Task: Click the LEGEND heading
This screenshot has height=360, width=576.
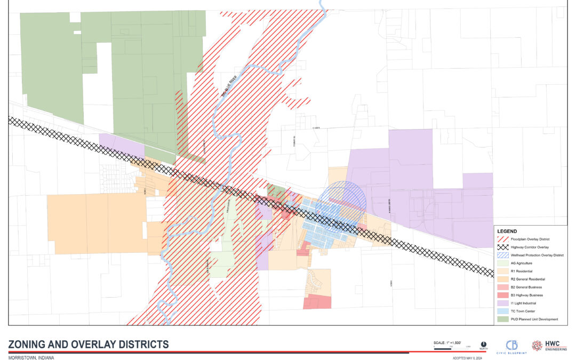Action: [507, 231]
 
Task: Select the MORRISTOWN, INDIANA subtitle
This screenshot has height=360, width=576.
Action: [31, 357]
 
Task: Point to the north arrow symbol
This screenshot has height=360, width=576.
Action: [483, 344]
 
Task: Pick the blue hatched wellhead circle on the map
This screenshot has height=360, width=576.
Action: [341, 203]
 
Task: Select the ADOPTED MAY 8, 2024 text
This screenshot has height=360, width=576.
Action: [467, 358]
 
